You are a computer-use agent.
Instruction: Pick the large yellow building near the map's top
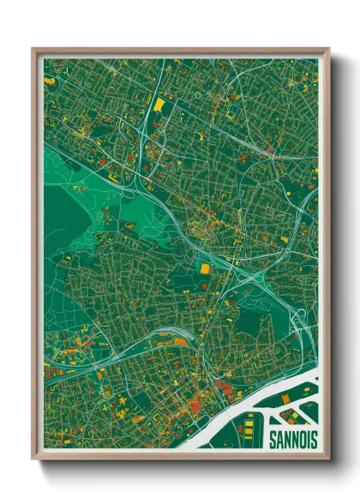[x=159, y=105]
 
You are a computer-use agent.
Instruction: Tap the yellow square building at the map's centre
[x=205, y=269]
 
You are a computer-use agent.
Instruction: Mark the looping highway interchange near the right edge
[x=299, y=321]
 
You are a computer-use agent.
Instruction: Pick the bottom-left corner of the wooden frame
[x=33, y=459]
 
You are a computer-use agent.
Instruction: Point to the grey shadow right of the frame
[x=337, y=257]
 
